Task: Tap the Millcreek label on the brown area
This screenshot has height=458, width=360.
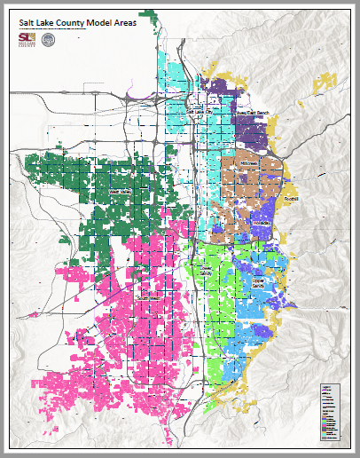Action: [x=247, y=164]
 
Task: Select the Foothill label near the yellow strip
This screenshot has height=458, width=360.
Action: [x=293, y=199]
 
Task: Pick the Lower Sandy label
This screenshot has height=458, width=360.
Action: [x=206, y=271]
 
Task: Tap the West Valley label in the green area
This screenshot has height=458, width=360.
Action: [x=120, y=191]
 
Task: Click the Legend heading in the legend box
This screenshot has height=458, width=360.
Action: [x=325, y=388]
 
